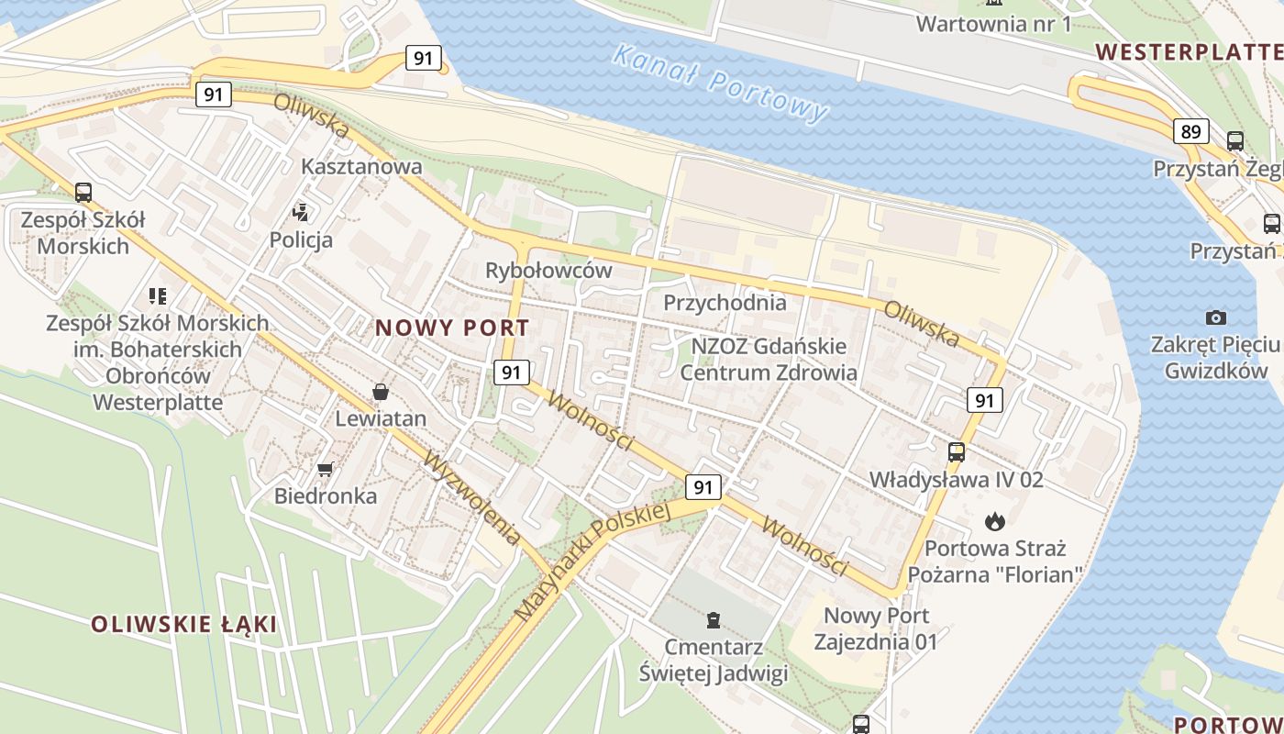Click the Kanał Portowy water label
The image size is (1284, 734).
tap(720, 83)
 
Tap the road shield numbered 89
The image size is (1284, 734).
tap(1190, 131)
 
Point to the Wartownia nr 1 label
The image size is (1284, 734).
tap(993, 23)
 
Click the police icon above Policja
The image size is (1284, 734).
tap(300, 213)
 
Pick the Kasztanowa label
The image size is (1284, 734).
tap(362, 166)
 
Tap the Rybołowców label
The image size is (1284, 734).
tap(548, 271)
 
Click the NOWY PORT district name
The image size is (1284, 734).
tap(452, 328)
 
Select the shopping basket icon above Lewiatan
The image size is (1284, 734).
tap(381, 393)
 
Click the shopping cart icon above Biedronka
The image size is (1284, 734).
tap(325, 470)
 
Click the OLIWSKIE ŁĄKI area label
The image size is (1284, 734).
tap(183, 625)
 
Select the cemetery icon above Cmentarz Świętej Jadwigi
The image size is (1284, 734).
tap(714, 620)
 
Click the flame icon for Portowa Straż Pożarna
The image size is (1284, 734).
tap(995, 522)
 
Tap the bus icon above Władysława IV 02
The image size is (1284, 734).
tap(957, 451)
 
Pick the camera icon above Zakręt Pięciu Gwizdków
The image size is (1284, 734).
tap(1216, 317)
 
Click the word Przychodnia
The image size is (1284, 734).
tap(725, 302)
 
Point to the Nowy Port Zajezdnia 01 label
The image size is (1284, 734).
tap(876, 628)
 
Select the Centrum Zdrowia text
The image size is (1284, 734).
tap(769, 373)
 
